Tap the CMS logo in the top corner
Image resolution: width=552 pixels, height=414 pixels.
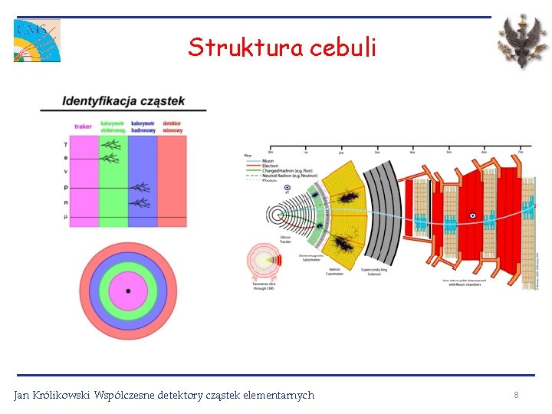pyautogui.click(x=37, y=41)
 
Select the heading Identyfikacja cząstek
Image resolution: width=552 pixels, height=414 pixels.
pyautogui.click(x=123, y=101)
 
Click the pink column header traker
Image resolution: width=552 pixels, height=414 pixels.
pyautogui.click(x=83, y=127)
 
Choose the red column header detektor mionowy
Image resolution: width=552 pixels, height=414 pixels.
pyautogui.click(x=172, y=127)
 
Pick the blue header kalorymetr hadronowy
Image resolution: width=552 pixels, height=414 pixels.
pyautogui.click(x=143, y=127)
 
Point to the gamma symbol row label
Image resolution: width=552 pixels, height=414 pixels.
pyautogui.click(x=67, y=143)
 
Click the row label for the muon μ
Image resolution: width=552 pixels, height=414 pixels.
pyautogui.click(x=67, y=218)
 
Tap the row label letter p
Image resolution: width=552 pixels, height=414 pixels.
pyautogui.click(x=67, y=187)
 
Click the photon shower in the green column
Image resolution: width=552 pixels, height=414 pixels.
pyautogui.click(x=112, y=144)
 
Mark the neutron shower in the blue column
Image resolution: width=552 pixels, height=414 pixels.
pyautogui.click(x=140, y=202)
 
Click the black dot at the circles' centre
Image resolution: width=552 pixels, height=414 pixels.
pyautogui.click(x=128, y=291)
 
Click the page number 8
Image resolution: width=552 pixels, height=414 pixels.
pyautogui.click(x=516, y=395)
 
